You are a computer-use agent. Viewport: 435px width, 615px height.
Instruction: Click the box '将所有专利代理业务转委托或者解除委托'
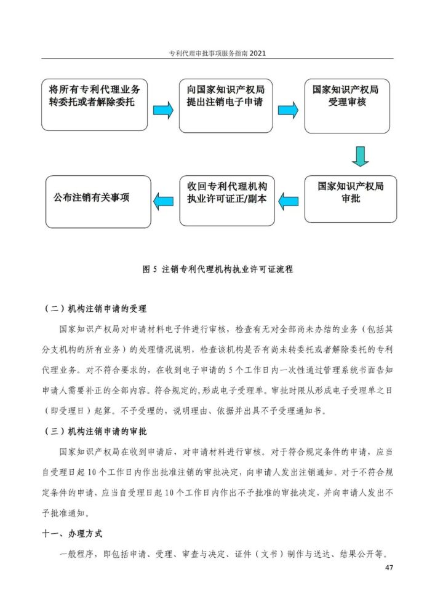pyautogui.click(x=95, y=105)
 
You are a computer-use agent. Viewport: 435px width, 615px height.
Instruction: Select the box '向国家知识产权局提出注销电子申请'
pyautogui.click(x=225, y=105)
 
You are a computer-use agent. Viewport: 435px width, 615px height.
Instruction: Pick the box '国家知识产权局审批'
pyautogui.click(x=350, y=197)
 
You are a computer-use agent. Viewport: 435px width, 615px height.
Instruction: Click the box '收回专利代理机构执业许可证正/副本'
pyautogui.click(x=226, y=200)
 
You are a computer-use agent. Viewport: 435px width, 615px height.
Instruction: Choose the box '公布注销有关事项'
pyautogui.click(x=98, y=201)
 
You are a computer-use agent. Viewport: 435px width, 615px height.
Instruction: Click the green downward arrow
pyautogui.click(x=361, y=156)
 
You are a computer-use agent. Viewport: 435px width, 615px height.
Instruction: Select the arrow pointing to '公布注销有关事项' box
pyautogui.click(x=163, y=199)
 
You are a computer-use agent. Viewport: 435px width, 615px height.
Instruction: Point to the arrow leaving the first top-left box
pyautogui.click(x=163, y=110)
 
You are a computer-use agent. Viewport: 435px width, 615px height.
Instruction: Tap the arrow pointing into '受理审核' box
pyautogui.click(x=288, y=110)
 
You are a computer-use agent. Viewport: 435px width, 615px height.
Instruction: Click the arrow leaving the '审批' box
pyautogui.click(x=289, y=199)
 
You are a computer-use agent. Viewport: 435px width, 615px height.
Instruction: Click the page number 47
pyautogui.click(x=388, y=567)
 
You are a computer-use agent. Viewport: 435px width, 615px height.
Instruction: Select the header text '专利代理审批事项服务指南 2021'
pyautogui.click(x=217, y=53)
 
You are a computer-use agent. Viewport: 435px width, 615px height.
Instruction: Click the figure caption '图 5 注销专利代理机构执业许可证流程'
pyautogui.click(x=217, y=269)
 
